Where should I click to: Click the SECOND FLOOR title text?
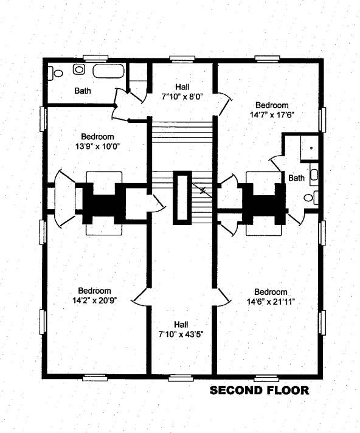(x=259, y=390)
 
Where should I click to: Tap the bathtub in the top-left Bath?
(x=108, y=71)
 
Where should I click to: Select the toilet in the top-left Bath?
(x=55, y=73)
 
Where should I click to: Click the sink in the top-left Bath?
(x=79, y=69)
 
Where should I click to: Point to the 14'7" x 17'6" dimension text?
(x=272, y=114)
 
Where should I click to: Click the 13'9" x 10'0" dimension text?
(x=97, y=146)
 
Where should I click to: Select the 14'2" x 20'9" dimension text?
(x=94, y=300)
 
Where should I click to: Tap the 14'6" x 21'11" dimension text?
(x=271, y=302)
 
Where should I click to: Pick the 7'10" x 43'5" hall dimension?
(x=181, y=334)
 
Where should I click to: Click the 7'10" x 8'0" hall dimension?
(x=182, y=97)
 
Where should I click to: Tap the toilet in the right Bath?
(x=311, y=198)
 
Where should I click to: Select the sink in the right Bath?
(x=314, y=175)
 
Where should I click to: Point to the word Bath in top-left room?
(x=83, y=90)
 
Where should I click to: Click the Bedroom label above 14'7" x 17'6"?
(x=272, y=105)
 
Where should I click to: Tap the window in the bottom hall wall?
(x=181, y=378)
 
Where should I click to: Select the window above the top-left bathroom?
(x=95, y=58)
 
